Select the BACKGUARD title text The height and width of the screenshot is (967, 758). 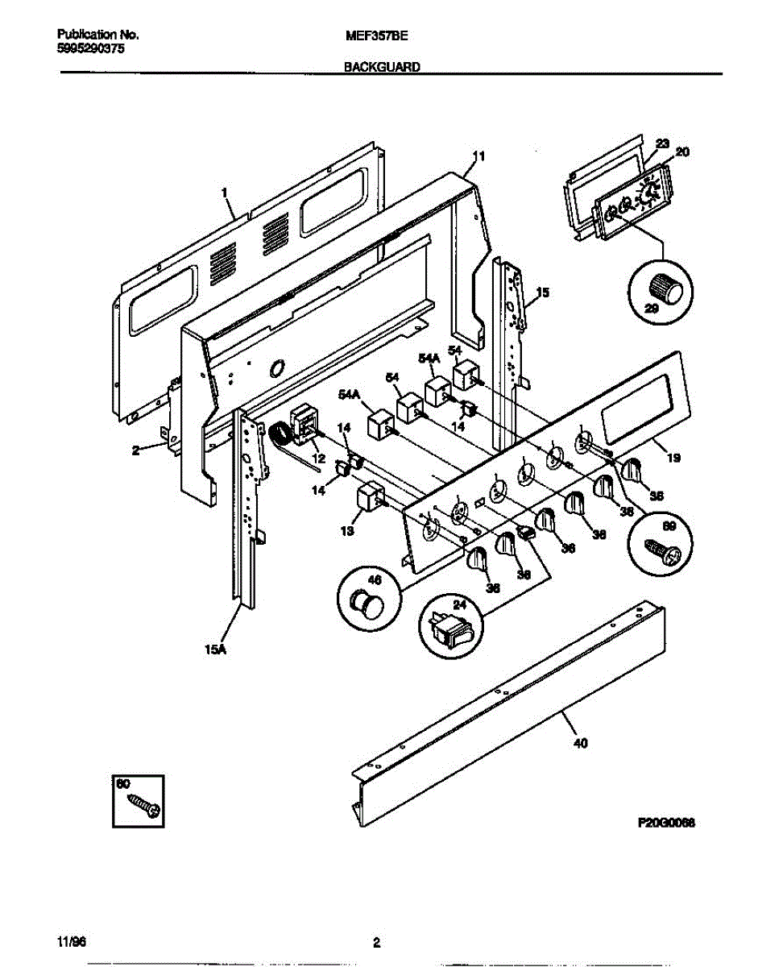click(x=382, y=68)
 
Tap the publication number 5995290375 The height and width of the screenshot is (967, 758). click(x=91, y=48)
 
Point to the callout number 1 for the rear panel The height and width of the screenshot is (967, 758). click(x=225, y=193)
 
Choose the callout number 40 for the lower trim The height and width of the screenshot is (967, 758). click(x=579, y=743)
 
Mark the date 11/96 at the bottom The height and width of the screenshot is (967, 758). click(x=71, y=941)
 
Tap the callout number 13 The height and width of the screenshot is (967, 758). click(x=346, y=531)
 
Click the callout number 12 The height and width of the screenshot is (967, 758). click(x=319, y=458)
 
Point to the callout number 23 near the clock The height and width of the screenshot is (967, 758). click(x=662, y=143)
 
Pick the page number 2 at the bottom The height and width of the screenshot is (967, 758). click(x=376, y=941)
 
